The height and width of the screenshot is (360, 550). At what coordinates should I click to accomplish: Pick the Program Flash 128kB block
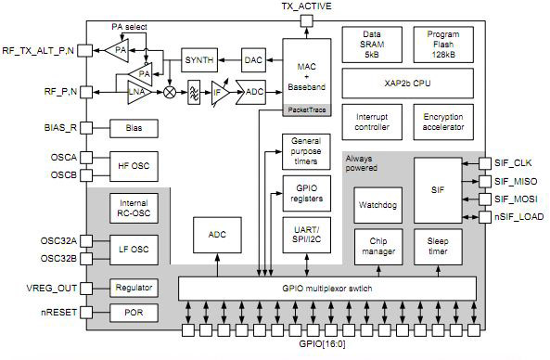click(x=443, y=44)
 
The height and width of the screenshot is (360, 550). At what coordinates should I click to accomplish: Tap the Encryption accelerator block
click(x=443, y=122)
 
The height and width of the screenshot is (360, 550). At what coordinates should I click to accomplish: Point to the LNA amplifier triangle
click(x=139, y=92)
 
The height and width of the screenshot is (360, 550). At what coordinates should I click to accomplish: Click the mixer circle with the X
click(x=171, y=93)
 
